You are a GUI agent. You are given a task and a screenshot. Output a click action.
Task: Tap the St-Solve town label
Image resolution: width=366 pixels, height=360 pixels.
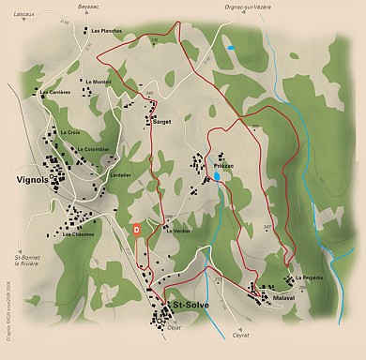point(190,305)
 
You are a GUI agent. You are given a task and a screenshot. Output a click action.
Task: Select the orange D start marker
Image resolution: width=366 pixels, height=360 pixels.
point(136,228)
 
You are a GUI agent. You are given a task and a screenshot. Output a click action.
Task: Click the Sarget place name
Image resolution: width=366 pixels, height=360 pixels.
point(161,122)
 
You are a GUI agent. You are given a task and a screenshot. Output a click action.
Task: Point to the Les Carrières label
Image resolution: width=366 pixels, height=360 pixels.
point(54,92)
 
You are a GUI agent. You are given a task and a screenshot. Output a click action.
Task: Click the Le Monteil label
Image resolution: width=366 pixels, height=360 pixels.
point(98,82)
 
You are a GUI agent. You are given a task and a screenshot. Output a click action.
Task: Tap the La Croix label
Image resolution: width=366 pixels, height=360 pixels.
point(70,132)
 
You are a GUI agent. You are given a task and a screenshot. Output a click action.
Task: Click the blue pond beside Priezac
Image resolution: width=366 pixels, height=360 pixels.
point(217,175)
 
